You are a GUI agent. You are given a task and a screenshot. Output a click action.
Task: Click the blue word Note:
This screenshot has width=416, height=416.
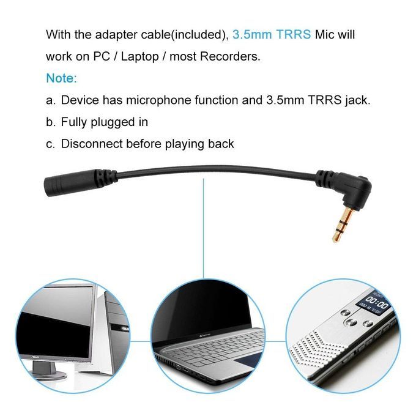[62, 78]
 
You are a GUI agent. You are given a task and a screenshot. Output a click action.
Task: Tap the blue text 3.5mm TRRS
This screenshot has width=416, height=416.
[272, 34]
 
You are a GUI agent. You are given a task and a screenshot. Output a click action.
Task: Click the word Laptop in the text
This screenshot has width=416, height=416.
[139, 56]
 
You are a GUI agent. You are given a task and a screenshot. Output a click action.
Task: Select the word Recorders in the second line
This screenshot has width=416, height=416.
[230, 56]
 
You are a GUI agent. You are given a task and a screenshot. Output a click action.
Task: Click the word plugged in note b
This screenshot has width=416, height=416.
[113, 122]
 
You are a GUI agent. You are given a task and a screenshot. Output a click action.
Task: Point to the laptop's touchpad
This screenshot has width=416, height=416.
[247, 362]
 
